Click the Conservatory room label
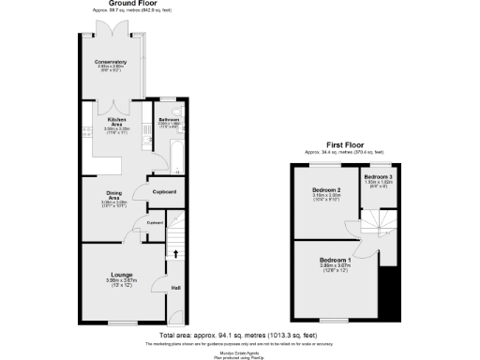(111, 62)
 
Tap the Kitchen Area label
(117, 123)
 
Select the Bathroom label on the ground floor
(169, 120)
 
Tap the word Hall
(175, 288)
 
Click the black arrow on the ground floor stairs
(175, 252)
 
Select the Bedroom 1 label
(335, 259)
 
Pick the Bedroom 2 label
(325, 190)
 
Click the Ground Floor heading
(131, 4)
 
